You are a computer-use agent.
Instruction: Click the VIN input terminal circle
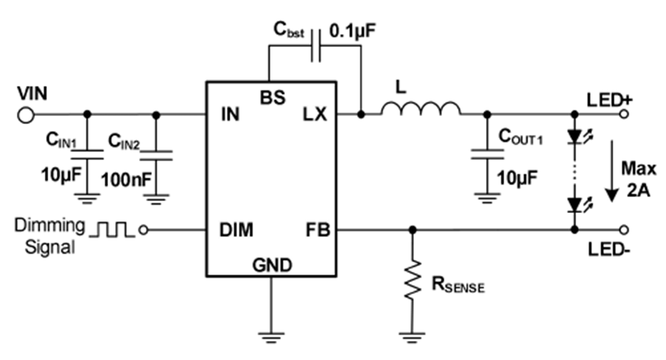click(25, 115)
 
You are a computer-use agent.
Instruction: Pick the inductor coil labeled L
click(420, 109)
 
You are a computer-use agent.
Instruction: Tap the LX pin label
click(315, 115)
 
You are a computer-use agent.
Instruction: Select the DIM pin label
click(236, 230)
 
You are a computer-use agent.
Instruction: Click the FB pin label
click(318, 230)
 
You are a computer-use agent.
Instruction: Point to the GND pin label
click(271, 266)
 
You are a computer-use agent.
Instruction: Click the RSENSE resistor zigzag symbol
click(412, 280)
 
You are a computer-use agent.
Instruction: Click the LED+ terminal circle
click(624, 114)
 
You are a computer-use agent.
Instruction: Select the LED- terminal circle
click(624, 230)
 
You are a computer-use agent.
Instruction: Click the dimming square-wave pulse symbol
click(111, 230)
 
